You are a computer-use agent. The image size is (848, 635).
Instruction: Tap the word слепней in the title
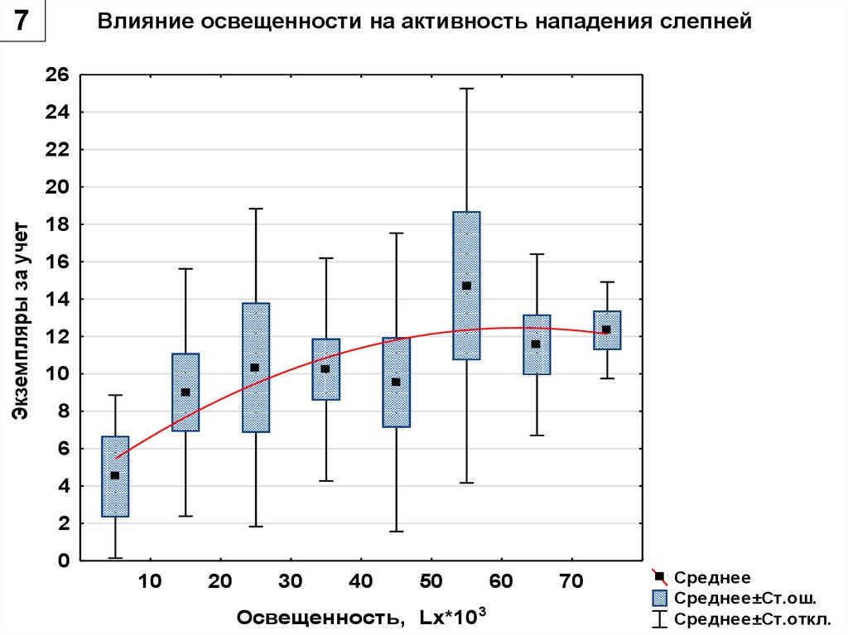(711, 22)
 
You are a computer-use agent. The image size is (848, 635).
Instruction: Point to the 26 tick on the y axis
(57, 75)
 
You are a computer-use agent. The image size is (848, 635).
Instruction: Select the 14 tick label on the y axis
(57, 299)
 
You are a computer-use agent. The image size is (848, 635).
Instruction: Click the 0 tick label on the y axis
(63, 561)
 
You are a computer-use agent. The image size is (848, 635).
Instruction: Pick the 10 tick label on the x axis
(150, 582)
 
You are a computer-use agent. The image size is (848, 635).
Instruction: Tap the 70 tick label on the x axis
(571, 582)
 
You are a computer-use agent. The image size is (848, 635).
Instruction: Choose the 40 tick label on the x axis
(360, 582)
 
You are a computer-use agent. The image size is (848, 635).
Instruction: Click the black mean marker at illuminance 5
(115, 475)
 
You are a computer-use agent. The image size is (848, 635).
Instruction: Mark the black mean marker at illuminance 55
(466, 286)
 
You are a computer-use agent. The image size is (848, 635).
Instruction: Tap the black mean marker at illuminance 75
(606, 330)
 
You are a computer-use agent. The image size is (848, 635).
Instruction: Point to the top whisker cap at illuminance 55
(466, 89)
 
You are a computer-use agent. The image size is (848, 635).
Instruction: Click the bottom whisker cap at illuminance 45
(396, 531)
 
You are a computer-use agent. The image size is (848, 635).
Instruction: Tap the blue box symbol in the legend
(660, 598)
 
